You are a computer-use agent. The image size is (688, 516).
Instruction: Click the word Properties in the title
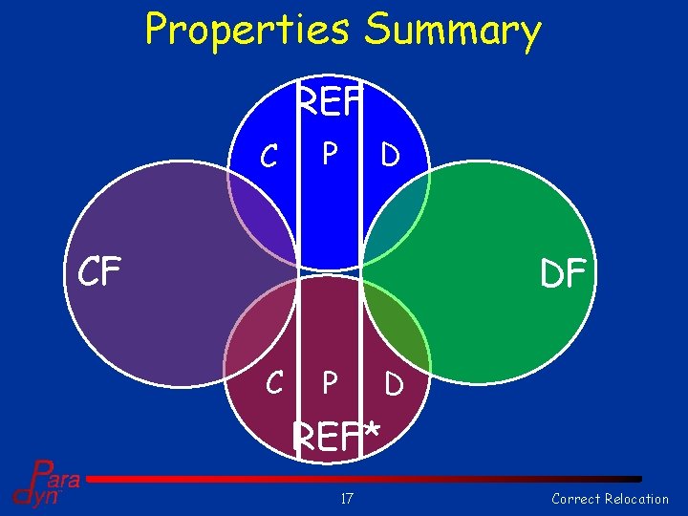250,31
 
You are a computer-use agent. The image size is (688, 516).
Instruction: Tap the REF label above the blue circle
330,101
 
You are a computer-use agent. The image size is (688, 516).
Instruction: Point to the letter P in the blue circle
330,153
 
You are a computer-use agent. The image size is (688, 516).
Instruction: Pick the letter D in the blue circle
390,154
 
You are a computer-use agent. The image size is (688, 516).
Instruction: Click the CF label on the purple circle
99,272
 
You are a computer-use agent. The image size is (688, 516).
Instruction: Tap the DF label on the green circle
563,274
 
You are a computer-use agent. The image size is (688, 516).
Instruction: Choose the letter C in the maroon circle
273,383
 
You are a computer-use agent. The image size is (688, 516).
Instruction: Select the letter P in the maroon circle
330,383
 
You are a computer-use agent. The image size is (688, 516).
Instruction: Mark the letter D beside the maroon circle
393,385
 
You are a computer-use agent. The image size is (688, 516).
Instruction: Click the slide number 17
348,498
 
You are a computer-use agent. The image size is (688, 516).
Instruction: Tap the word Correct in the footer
576,498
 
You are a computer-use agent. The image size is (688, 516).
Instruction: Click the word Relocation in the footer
636,498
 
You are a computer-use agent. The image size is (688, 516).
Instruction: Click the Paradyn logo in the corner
43,483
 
